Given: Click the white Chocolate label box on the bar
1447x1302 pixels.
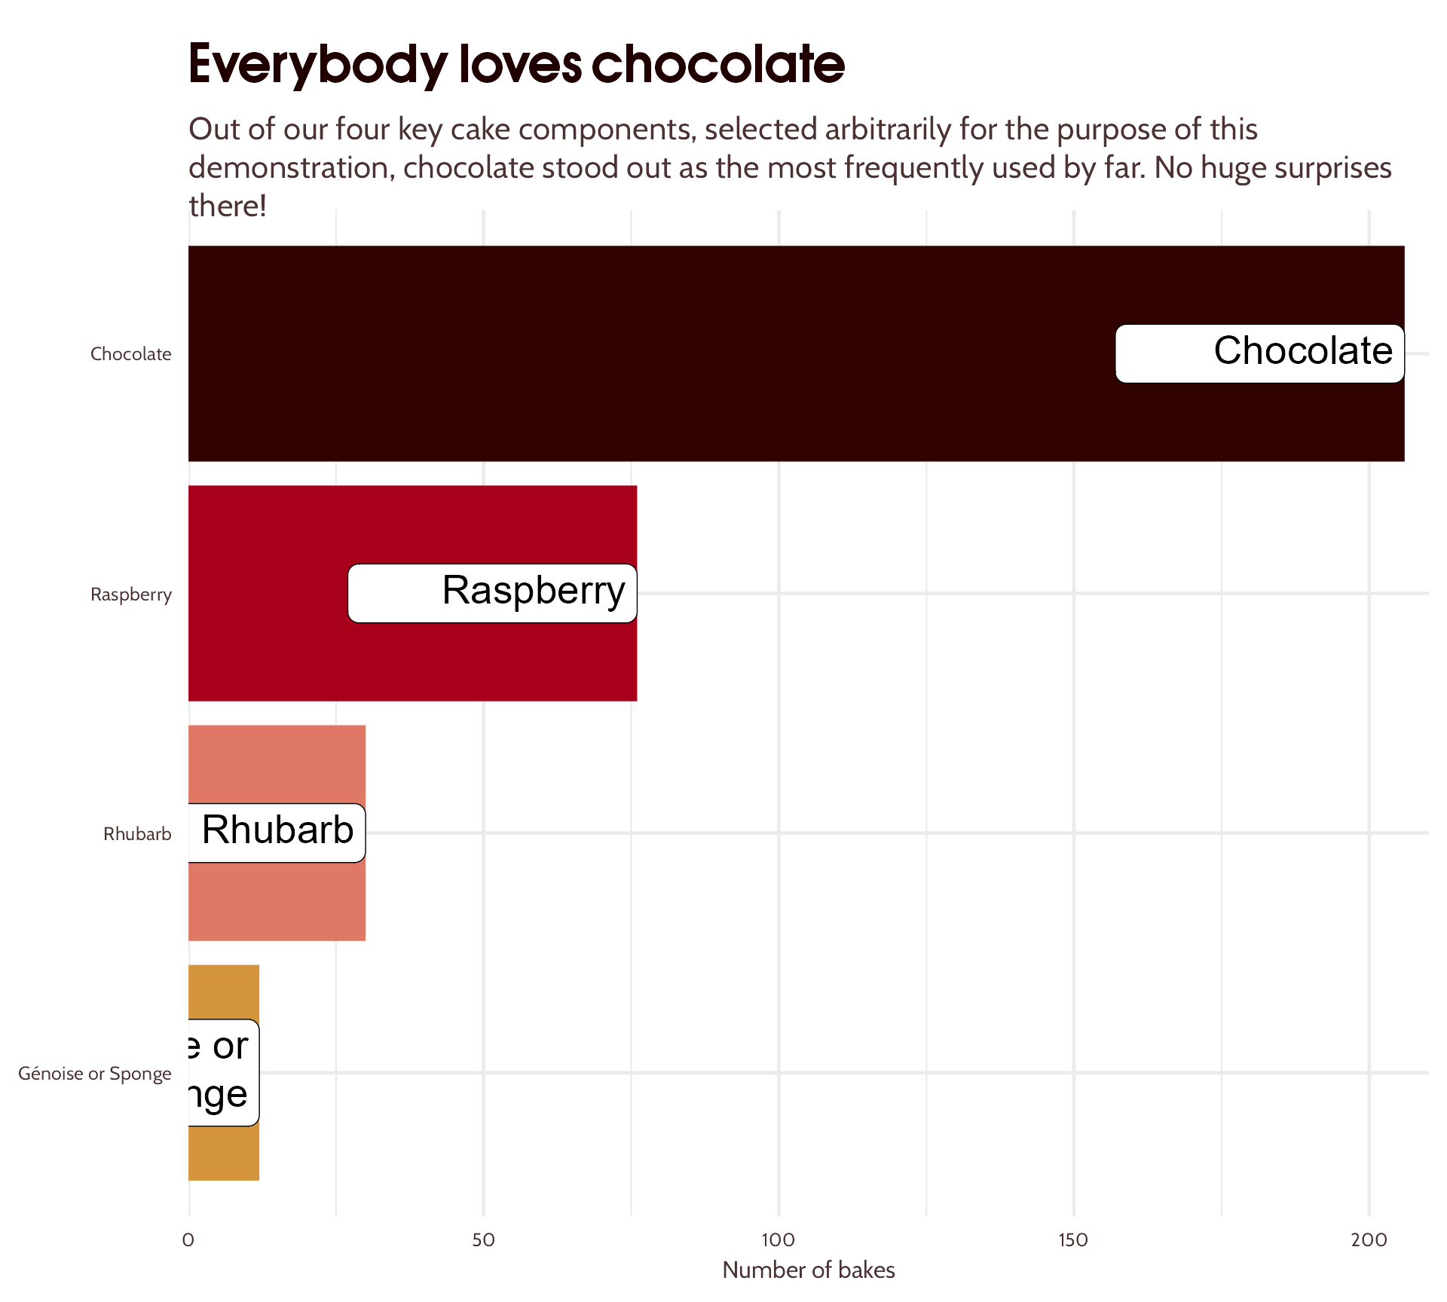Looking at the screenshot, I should (x=1259, y=353).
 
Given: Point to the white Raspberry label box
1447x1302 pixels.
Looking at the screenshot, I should (x=492, y=593).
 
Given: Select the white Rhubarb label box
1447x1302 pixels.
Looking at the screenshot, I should (x=277, y=833).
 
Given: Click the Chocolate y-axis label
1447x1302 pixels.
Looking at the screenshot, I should (x=131, y=354).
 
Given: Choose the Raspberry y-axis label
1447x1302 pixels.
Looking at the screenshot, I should (x=131, y=594).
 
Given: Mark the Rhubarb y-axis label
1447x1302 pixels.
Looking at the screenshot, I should (x=137, y=834).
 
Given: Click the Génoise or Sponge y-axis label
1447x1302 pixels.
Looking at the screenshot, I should (x=95, y=1074).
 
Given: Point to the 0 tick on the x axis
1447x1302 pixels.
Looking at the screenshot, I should (x=188, y=1240).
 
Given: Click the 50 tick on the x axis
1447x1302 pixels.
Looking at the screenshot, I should (x=483, y=1240).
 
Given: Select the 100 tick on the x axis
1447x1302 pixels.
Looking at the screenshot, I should (x=778, y=1240).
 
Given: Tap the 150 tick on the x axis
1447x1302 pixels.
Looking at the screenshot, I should (x=1073, y=1240).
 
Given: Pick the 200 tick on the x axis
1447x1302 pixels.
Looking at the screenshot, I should (x=1369, y=1240).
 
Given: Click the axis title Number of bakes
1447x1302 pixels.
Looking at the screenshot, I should (x=808, y=1270).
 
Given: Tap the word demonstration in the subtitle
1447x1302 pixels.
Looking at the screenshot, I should (x=291, y=168).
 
